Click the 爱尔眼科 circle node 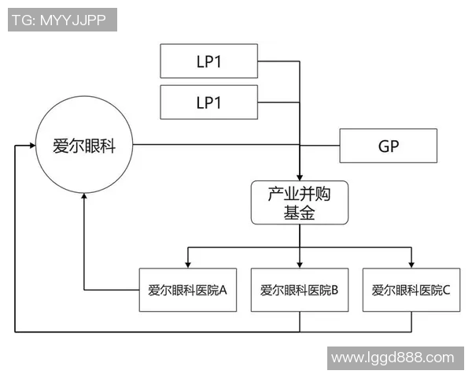[x=83, y=146]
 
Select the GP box [x=387, y=146]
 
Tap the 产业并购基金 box [x=299, y=203]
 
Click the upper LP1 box [x=208, y=61]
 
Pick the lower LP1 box [x=208, y=103]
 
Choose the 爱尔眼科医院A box [x=187, y=290]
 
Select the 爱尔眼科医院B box [x=299, y=290]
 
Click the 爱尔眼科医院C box [x=411, y=290]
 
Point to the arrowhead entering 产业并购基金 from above [x=299, y=176]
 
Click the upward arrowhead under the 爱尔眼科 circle [x=83, y=198]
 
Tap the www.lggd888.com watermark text [x=392, y=358]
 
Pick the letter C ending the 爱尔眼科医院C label [x=446, y=290]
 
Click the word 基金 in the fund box [x=299, y=213]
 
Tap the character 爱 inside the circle [x=60, y=146]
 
